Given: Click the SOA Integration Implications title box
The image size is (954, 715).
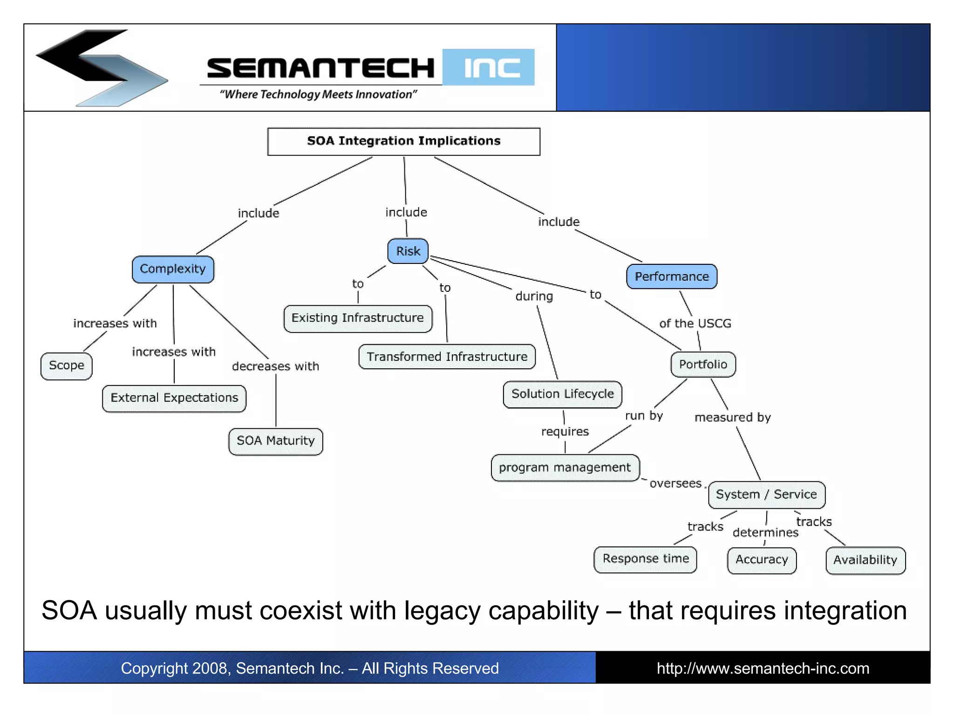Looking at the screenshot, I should click(x=403, y=142).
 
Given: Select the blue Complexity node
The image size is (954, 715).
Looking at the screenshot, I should click(x=173, y=269).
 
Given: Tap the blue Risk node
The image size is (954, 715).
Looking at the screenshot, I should click(x=408, y=251).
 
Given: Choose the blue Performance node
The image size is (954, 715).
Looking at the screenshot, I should click(x=671, y=277).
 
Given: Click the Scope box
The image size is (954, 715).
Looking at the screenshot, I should click(x=67, y=366).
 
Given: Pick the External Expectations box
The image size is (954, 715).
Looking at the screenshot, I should click(x=174, y=398).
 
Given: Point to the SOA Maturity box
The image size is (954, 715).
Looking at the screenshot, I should click(x=276, y=441).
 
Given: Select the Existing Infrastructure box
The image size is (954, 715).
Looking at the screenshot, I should click(x=358, y=318).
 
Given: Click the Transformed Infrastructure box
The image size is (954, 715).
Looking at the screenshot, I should click(x=447, y=357).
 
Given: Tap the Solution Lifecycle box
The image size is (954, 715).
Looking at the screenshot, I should click(x=562, y=394).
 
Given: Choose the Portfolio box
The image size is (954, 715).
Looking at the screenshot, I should click(x=703, y=364).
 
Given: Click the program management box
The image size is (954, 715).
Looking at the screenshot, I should click(x=565, y=468).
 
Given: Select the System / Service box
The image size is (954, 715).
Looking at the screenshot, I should click(x=766, y=494).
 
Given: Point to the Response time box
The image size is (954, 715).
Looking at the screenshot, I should click(x=645, y=559).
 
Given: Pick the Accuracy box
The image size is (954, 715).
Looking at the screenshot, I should click(x=762, y=560).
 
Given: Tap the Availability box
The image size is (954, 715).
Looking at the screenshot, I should click(x=865, y=560).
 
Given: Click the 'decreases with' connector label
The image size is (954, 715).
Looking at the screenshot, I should click(x=275, y=366).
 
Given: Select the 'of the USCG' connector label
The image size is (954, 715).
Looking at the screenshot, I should click(x=695, y=324).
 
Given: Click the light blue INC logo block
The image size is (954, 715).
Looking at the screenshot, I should click(x=489, y=67).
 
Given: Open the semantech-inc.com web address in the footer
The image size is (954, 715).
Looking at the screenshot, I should click(x=763, y=668).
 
